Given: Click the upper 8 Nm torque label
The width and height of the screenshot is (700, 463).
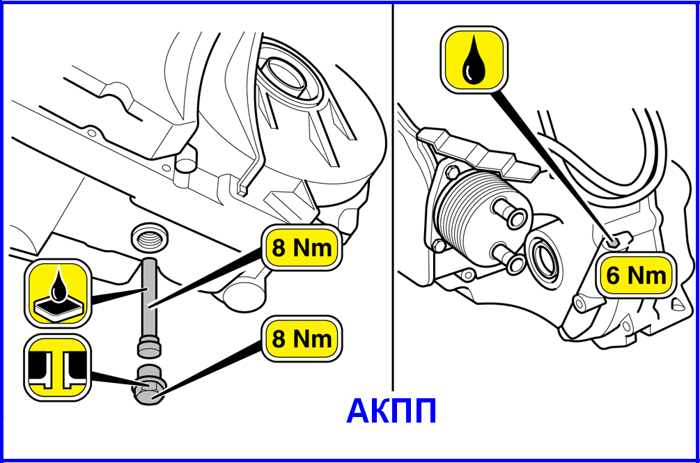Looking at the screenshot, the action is (x=302, y=248).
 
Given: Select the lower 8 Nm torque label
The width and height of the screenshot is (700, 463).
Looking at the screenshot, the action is (x=302, y=338).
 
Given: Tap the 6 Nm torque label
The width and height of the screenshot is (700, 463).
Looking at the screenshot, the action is (x=636, y=275).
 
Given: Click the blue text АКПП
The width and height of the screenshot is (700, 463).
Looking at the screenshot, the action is (x=391, y=411).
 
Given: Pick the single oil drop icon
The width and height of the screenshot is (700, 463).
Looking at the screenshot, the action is (x=474, y=59).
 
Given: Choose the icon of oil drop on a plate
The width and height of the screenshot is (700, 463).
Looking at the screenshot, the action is (x=58, y=293).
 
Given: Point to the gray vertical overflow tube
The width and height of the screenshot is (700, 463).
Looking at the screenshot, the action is (x=150, y=308).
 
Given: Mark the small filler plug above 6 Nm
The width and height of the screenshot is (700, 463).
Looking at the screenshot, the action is (x=614, y=242).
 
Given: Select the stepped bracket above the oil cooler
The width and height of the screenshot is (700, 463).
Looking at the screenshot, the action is (x=478, y=154).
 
